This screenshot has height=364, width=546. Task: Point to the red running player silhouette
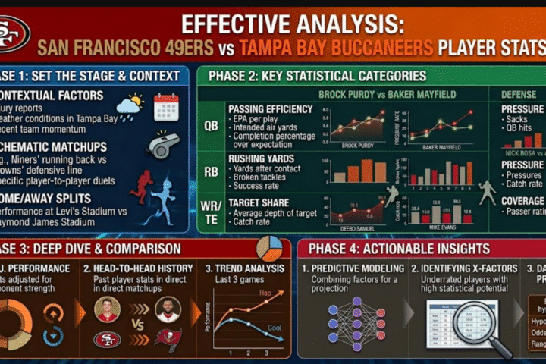(140, 187)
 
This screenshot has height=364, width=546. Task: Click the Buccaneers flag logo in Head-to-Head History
(168, 340)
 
